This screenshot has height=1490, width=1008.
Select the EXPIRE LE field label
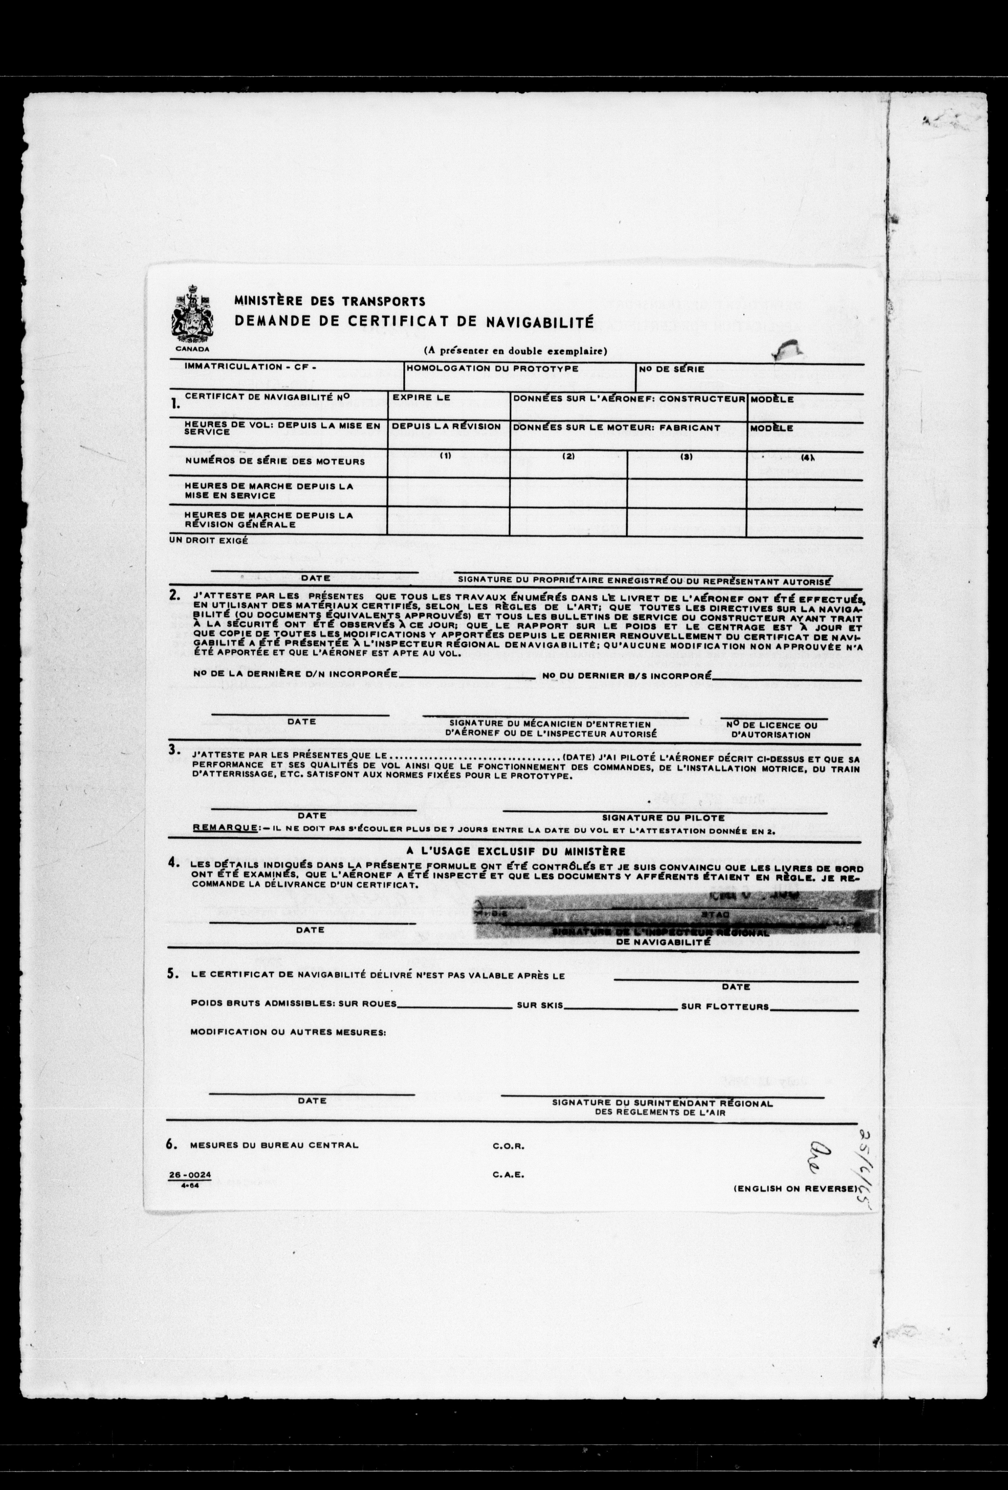[421, 397]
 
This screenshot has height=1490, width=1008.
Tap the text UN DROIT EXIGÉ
[208, 541]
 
